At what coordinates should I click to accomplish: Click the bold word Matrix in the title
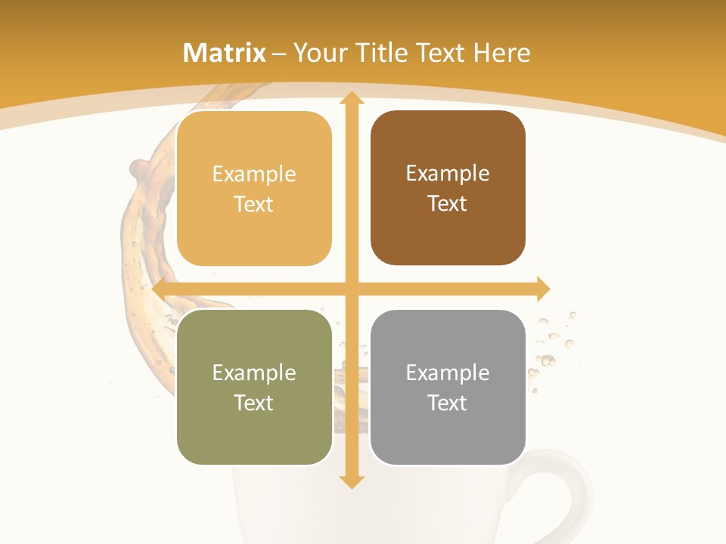[225, 53]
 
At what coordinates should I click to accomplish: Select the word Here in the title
[501, 53]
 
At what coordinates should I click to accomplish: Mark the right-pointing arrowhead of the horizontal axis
[542, 289]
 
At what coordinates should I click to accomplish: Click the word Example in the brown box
[448, 174]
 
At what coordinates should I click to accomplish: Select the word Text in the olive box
[254, 403]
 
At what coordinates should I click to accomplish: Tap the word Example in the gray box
[448, 372]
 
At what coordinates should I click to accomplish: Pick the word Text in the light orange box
[254, 204]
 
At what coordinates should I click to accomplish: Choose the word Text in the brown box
[448, 204]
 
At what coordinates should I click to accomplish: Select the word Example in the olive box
[254, 372]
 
